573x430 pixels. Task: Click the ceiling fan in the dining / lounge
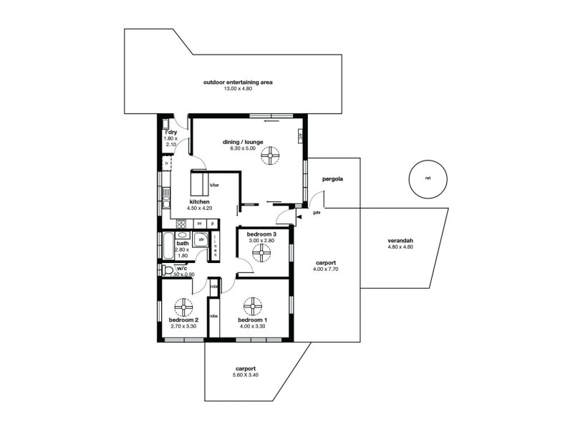[x=271, y=157]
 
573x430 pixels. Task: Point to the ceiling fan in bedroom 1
[x=251, y=307]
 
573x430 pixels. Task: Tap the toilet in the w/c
[x=167, y=270]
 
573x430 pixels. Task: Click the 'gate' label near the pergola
[x=316, y=213]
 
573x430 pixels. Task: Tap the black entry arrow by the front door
[x=299, y=216]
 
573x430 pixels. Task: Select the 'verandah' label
[x=400, y=240]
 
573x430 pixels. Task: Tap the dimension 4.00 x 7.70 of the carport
[x=326, y=269]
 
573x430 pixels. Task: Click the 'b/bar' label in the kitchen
[x=213, y=186]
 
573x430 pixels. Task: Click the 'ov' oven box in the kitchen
[x=199, y=223]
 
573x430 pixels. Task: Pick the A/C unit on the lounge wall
[x=299, y=137]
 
